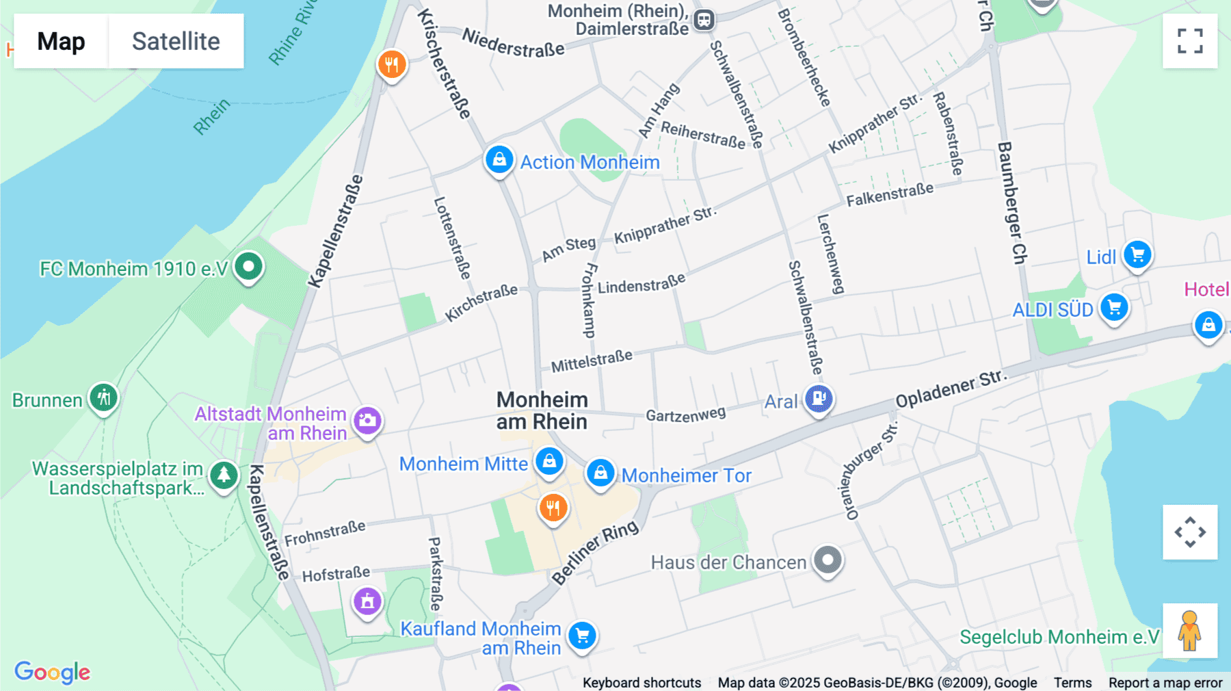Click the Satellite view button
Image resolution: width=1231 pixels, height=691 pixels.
click(x=176, y=41)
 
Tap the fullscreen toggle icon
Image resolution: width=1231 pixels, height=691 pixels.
click(x=1190, y=41)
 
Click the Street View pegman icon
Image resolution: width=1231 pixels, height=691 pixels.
click(x=1190, y=630)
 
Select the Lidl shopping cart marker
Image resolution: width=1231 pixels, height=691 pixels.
click(x=1137, y=255)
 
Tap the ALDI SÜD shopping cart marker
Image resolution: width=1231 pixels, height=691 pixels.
click(x=1114, y=307)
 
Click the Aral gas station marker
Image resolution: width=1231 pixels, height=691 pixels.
click(x=819, y=397)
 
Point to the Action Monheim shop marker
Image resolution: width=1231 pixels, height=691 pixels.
click(x=499, y=160)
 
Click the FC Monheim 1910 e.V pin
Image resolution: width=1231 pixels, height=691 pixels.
click(x=248, y=266)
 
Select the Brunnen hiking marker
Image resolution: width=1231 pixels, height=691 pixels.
click(x=104, y=397)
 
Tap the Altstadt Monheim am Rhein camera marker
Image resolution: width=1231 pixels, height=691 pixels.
click(x=367, y=420)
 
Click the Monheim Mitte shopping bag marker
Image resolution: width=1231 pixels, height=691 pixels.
click(x=549, y=460)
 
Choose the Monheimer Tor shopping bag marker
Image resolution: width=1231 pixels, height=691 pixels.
click(x=600, y=473)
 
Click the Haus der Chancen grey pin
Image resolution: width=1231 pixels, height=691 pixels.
click(x=828, y=560)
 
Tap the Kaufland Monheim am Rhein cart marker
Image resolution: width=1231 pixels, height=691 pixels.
click(x=582, y=636)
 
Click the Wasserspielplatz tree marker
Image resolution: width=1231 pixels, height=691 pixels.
click(x=224, y=474)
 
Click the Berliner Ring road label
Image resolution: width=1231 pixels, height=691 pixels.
click(x=595, y=553)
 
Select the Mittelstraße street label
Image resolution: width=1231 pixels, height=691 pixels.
click(x=592, y=361)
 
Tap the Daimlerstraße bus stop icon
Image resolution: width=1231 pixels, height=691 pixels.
click(x=704, y=20)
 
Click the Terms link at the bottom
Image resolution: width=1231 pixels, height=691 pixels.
click(x=1072, y=683)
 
